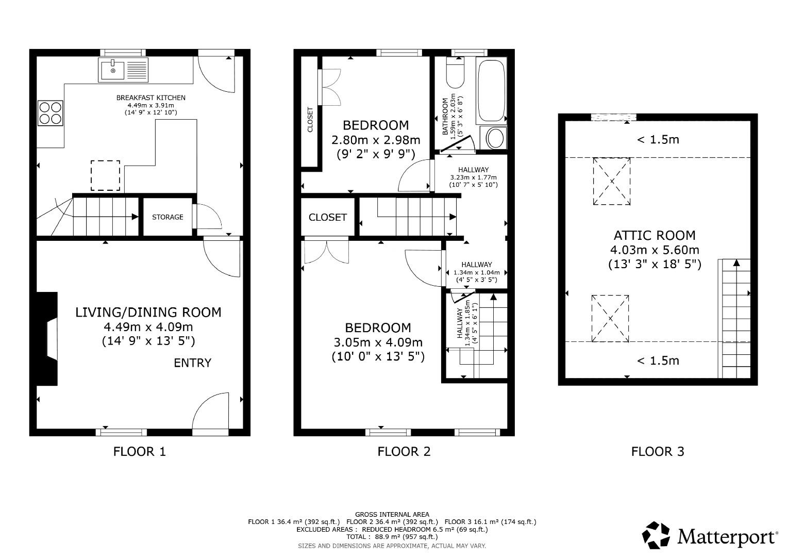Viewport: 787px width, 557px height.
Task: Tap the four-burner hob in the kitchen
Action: [x=50, y=113]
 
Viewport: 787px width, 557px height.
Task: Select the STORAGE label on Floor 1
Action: [x=168, y=217]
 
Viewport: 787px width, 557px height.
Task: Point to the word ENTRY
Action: [x=192, y=363]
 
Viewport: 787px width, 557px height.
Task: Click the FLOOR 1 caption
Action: [x=140, y=452]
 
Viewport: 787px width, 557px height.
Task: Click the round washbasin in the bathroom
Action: [x=495, y=138]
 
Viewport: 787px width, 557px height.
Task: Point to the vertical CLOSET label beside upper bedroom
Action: [x=310, y=120]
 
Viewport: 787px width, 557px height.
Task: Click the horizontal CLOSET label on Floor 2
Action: [x=327, y=218]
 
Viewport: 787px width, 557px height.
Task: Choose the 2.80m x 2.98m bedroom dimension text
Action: [x=376, y=140]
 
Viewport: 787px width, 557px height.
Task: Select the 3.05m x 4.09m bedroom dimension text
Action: [x=378, y=342]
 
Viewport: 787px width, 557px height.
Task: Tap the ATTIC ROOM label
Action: [x=655, y=236]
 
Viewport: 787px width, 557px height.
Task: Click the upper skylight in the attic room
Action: [x=612, y=181]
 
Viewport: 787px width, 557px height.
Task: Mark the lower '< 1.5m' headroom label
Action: [x=658, y=361]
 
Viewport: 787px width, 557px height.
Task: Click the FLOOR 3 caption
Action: [x=658, y=452]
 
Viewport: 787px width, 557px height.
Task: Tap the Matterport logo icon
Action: [x=656, y=535]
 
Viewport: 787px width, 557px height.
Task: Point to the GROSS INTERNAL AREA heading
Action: [x=392, y=514]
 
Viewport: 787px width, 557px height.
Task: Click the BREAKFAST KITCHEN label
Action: [x=150, y=97]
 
